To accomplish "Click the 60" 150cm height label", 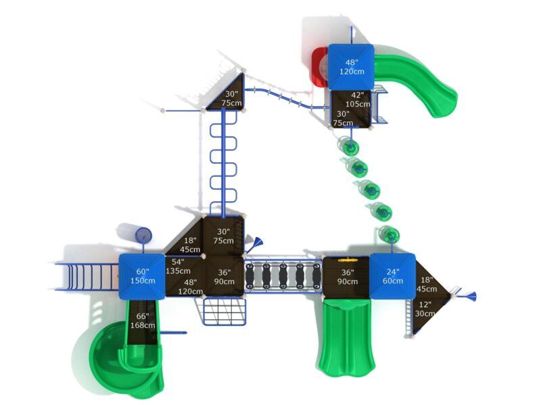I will pos(142,275).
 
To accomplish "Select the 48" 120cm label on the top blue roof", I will pos(351,66).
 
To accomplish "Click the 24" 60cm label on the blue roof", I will pos(393,276).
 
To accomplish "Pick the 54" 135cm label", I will pos(179,267).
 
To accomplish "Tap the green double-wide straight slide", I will pos(346,337).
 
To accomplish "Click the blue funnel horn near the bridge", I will pos(258,244).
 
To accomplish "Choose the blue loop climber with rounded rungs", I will pos(223,162).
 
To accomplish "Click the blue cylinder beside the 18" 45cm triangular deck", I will pos(143,236).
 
